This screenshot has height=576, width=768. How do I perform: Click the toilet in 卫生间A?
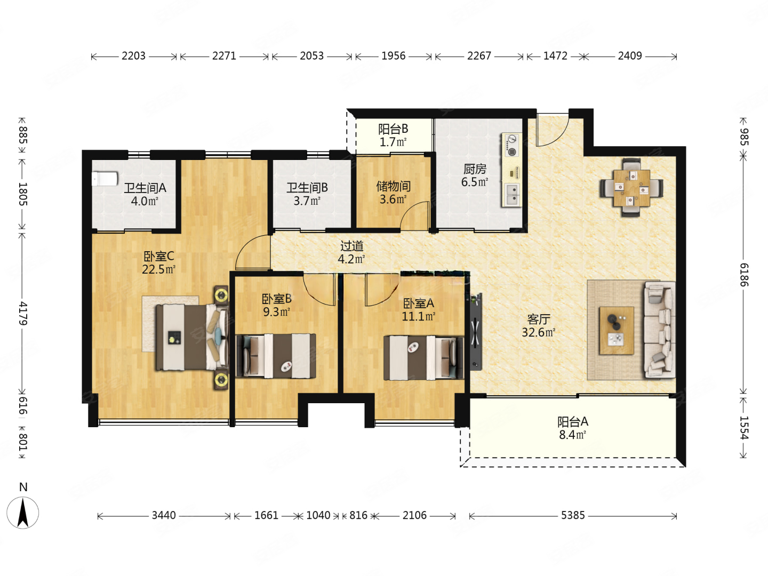pos(105,179)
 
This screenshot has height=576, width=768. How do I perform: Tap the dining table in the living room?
pos(631,188)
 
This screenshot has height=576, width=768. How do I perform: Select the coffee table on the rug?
pos(616,331)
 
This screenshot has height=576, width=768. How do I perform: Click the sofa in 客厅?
pos(660,330)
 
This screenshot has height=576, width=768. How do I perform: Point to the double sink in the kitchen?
pos(512,195)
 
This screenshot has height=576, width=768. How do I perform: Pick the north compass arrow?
pos(23,513)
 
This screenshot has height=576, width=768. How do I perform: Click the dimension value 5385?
pos(573,516)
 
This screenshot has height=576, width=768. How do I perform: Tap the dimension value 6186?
pos(744,275)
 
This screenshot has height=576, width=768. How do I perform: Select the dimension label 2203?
pos(133,56)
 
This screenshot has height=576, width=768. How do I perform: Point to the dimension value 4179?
pos(23,313)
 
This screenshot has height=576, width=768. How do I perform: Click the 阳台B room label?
pos(393,129)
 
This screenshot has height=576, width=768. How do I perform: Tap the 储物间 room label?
pos(393,187)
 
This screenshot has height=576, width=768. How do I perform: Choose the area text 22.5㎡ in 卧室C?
pos(158,269)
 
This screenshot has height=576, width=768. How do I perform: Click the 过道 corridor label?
pos(351,246)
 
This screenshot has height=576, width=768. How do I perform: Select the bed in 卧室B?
pos(276,356)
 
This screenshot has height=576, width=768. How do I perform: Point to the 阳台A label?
pos(572,422)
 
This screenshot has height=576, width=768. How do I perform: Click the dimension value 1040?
pos(318,516)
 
